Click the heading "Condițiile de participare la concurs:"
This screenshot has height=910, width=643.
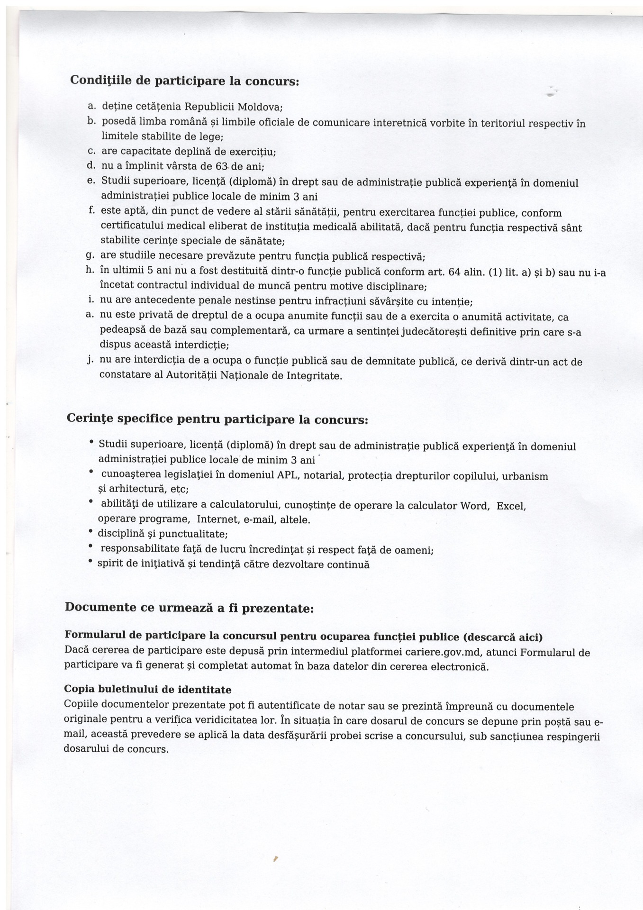tap(184, 81)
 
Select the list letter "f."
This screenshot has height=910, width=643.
tap(91, 210)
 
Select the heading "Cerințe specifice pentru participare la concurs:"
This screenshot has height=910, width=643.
tap(217, 419)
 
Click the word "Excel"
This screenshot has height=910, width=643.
tap(511, 506)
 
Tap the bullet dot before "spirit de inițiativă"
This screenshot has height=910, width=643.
tap(91, 562)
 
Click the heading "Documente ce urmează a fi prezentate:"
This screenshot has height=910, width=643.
tap(189, 608)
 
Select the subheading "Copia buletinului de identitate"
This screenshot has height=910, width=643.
tap(147, 689)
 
